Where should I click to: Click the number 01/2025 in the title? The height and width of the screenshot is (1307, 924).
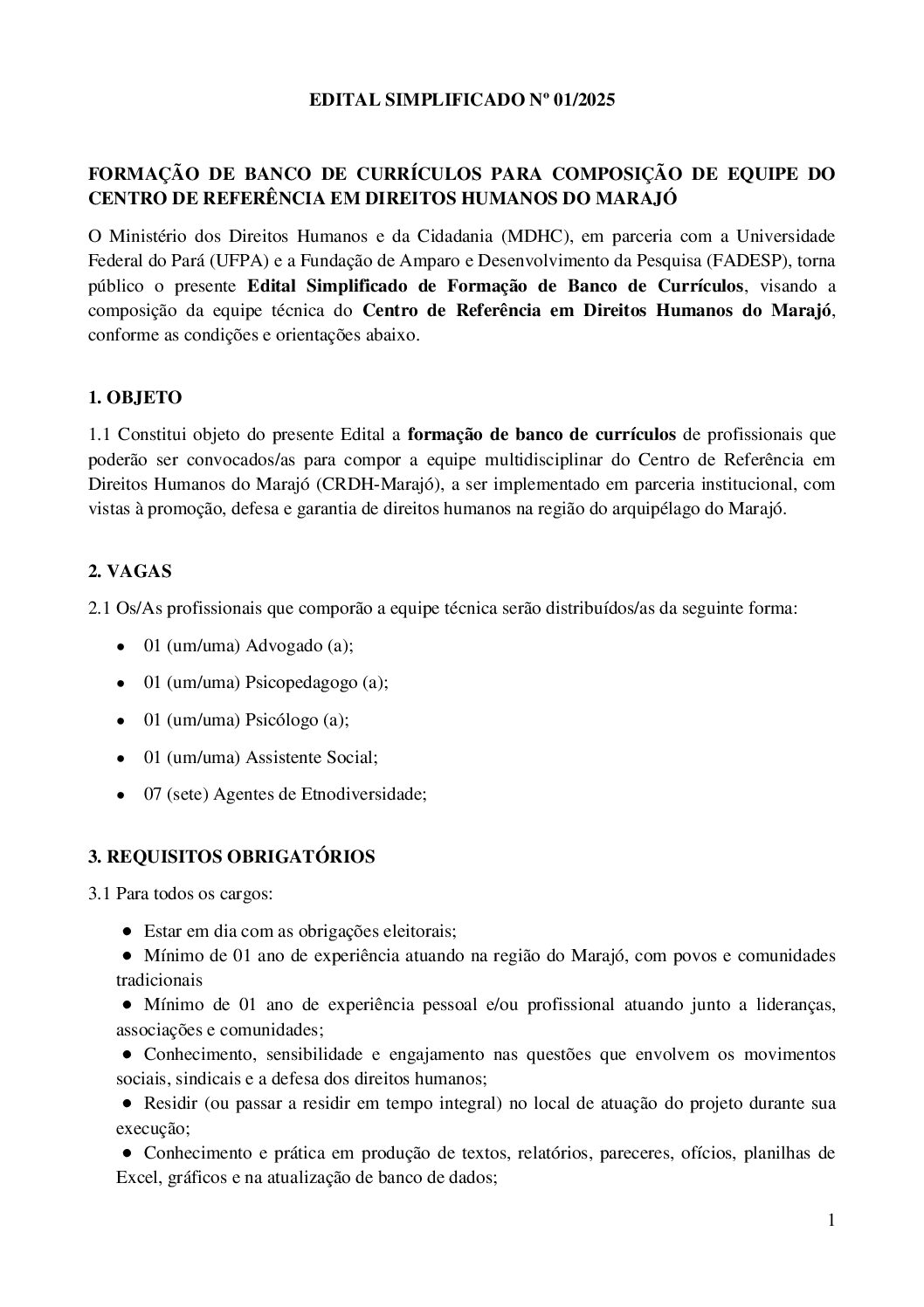tap(583, 101)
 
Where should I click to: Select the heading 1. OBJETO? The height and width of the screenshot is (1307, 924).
tap(134, 398)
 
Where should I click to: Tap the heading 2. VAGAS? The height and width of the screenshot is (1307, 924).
tap(130, 572)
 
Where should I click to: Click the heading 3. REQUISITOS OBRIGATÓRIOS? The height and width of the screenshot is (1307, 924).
tap(231, 856)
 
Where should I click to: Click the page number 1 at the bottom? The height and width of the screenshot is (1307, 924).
tap(831, 1221)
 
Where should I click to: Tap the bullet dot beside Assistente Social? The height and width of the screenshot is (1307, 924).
tap(122, 758)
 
